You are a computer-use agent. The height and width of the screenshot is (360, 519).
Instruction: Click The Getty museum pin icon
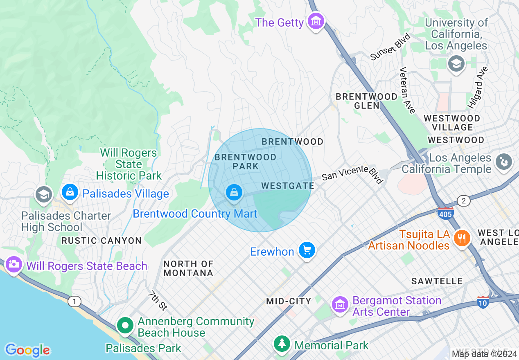tap(316, 22)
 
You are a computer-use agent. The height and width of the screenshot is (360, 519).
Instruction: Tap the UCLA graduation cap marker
tap(456, 64)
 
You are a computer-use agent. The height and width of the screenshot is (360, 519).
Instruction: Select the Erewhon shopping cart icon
tap(307, 250)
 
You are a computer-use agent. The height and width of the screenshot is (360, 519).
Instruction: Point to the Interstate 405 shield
tap(445, 214)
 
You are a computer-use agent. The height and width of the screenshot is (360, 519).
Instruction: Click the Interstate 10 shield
tap(483, 302)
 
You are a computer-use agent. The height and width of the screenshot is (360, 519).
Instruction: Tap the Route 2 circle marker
tap(463, 200)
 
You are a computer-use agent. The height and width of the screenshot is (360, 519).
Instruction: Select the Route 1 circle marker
tap(74, 302)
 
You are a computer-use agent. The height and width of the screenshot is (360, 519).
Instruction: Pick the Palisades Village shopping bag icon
tap(70, 192)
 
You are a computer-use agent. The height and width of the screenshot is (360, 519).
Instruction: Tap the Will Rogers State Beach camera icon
tap(14, 265)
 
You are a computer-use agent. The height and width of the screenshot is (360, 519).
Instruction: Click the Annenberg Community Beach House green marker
tap(125, 326)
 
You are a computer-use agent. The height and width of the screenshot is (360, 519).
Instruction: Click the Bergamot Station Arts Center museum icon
tap(340, 305)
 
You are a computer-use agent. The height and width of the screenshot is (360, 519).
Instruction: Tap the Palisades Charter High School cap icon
tap(43, 195)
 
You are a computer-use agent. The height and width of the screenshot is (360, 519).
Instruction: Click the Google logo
tap(27, 350)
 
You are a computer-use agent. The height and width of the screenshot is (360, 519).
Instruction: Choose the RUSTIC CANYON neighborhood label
tap(102, 241)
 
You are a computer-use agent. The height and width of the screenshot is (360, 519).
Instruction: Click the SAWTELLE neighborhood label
tap(437, 281)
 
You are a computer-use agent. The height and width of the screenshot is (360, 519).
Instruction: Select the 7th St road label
tap(158, 300)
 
